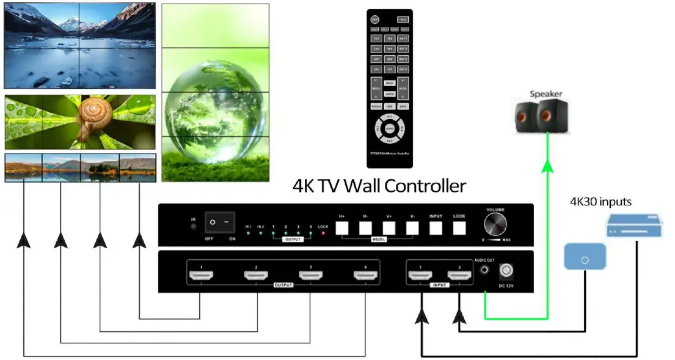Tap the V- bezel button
412,229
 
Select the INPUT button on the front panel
436,229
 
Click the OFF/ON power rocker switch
219,222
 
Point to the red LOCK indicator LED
323,234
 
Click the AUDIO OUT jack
485,269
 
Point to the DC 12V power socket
506,270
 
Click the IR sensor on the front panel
194,226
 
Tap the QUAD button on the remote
389,128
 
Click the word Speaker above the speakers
545,94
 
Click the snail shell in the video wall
93,114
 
